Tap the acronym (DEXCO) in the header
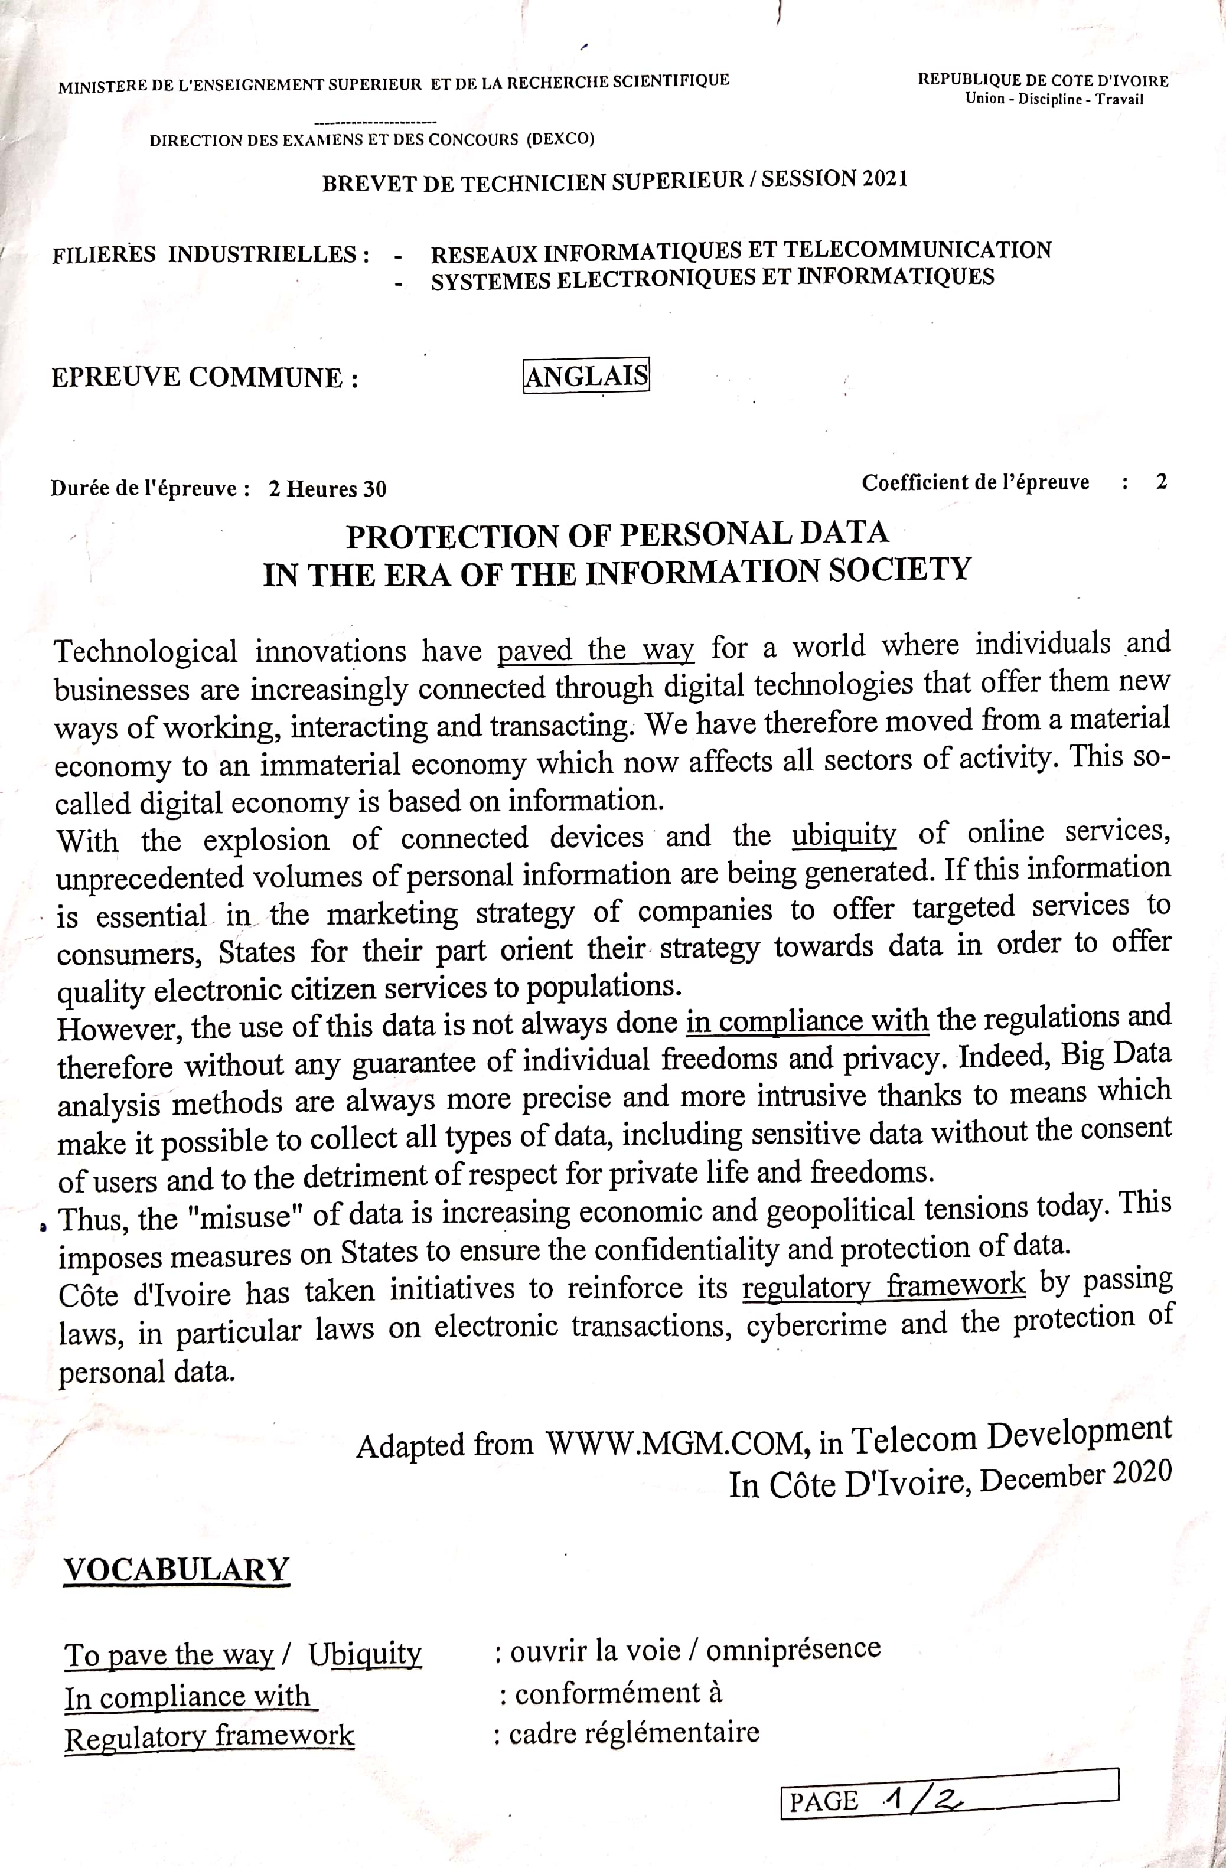560,139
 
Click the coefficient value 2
1161,481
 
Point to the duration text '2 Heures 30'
327,489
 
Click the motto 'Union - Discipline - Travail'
1054,99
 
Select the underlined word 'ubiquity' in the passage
844,834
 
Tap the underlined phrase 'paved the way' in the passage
596,649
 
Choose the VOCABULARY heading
177,1569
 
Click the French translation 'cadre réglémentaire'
634,1732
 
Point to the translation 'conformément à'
618,1693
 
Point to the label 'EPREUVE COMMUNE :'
205,377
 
